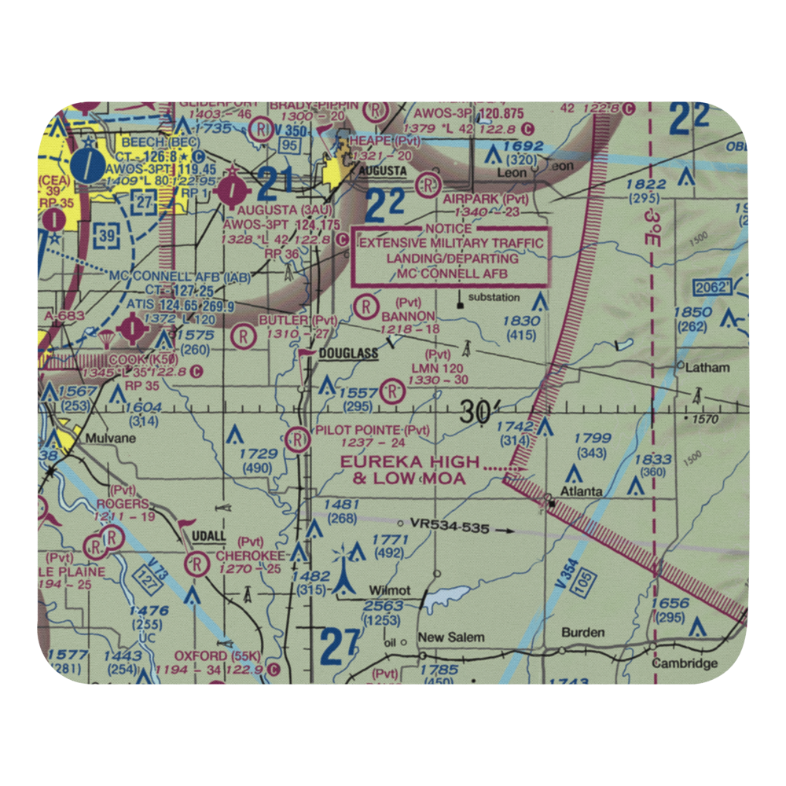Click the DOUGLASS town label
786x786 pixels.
tap(349, 354)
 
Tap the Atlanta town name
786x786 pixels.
tap(581, 492)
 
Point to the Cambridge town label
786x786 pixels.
tap(685, 663)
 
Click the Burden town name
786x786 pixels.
tap(583, 632)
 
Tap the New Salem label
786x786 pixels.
tap(451, 637)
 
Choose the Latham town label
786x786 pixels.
tap(707, 367)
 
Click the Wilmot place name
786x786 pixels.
tap(390, 589)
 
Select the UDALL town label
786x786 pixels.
tap(208, 536)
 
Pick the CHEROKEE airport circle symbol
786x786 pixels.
tap(196, 564)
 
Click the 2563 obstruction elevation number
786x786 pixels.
tap(384, 606)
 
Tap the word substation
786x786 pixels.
tap(494, 297)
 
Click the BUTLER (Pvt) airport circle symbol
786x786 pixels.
tap(244, 336)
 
